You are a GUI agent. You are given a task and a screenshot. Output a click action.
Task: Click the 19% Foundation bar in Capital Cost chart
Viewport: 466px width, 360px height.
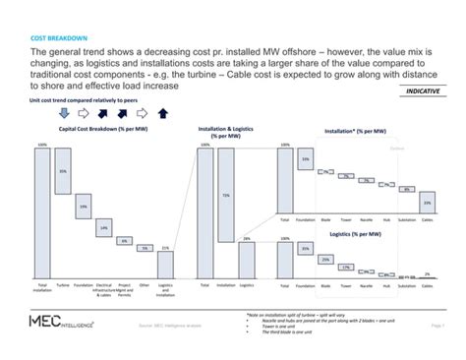point(84,208)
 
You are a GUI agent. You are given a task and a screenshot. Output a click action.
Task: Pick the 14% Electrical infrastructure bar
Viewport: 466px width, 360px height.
point(103,228)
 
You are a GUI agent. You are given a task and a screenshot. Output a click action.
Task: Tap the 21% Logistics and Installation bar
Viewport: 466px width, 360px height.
point(165,262)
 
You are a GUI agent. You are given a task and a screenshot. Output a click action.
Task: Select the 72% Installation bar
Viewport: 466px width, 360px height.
point(225,196)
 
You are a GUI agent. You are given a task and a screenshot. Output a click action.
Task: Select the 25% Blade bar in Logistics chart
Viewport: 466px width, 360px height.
point(325,259)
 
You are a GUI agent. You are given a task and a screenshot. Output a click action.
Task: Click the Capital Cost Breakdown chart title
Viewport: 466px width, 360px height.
point(104,130)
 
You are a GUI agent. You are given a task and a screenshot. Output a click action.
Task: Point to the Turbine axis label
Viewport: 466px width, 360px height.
point(63,283)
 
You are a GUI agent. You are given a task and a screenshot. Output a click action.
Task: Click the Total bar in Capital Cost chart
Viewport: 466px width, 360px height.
point(42,210)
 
